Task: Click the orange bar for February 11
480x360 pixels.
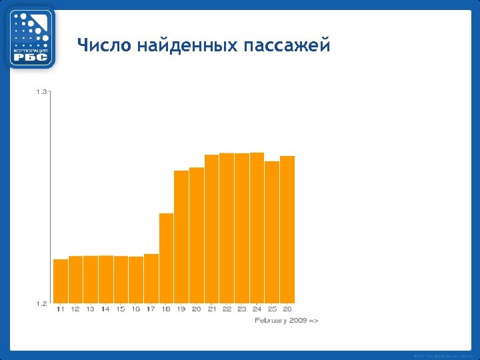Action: click(x=61, y=281)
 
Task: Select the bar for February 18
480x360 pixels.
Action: click(x=166, y=258)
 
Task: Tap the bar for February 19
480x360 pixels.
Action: click(x=181, y=237)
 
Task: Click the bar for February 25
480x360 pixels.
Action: click(x=272, y=232)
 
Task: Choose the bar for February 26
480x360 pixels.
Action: click(x=287, y=229)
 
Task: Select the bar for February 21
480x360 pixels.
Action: click(x=211, y=229)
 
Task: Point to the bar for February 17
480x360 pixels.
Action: click(x=151, y=278)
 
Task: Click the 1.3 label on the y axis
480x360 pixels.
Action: click(x=41, y=92)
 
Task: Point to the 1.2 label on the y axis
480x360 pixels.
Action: click(x=41, y=303)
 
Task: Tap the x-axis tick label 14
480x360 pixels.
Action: click(x=105, y=309)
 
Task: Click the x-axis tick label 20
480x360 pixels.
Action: click(x=196, y=309)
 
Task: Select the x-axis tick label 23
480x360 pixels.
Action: click(x=241, y=309)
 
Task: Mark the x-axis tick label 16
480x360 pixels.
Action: click(x=135, y=309)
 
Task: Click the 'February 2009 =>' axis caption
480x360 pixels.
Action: click(x=287, y=321)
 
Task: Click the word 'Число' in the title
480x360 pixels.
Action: click(x=104, y=45)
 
